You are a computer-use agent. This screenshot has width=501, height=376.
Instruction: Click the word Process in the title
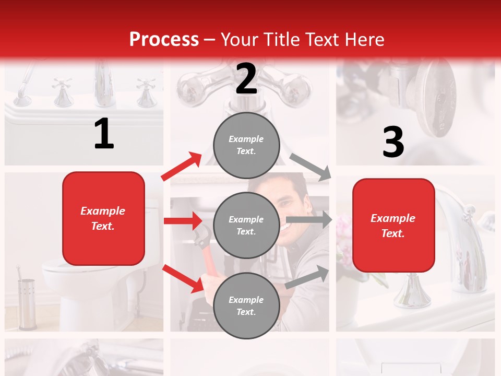point(164,39)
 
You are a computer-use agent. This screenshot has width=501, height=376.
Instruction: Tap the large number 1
point(104,134)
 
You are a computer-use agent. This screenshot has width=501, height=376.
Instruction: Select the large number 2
point(246,79)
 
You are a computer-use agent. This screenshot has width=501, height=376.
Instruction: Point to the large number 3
point(393,142)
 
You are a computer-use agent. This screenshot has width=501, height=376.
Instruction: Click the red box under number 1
point(103,218)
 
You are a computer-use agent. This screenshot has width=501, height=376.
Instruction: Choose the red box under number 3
point(393,225)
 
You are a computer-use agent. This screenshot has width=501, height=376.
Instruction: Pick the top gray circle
point(246,145)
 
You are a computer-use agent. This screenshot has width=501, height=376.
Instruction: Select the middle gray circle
point(246,225)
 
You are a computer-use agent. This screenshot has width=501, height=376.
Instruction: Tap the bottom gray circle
point(246,305)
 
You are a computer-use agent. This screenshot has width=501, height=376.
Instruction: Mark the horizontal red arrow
point(183,221)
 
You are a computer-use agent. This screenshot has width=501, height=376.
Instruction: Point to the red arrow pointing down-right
point(183,278)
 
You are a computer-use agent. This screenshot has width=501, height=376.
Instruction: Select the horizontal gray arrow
point(308,220)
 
